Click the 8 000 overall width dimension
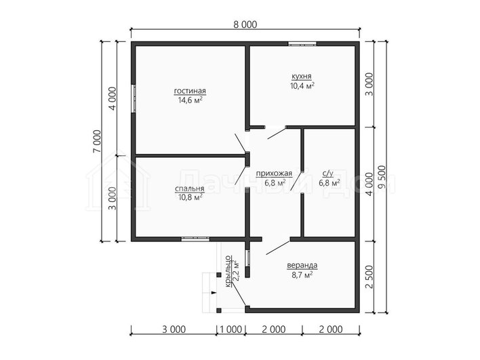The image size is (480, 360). pos(245,24)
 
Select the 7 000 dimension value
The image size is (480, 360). pos(97,141)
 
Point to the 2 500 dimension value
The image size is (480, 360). pos(369,277)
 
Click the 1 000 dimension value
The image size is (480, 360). pos(231,329)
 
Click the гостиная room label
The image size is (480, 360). pos(190,92)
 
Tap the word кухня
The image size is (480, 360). pos(302,76)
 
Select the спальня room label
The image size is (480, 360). pos(190,189)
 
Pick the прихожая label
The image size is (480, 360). pos(274,174)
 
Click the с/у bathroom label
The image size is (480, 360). pos(328,174)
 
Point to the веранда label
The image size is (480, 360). pos(302,265)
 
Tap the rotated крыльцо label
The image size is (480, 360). pos(228,272)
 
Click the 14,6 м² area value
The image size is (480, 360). pos(190,100)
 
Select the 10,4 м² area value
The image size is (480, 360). pos(302,85)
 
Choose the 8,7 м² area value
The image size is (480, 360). pos(302,275)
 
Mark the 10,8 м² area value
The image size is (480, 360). pos(190,197)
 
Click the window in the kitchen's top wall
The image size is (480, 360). pos(302,43)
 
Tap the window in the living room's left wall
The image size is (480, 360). pos(134,98)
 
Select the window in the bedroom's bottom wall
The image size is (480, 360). pos(195,239)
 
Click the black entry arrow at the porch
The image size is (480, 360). pos(214,293)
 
